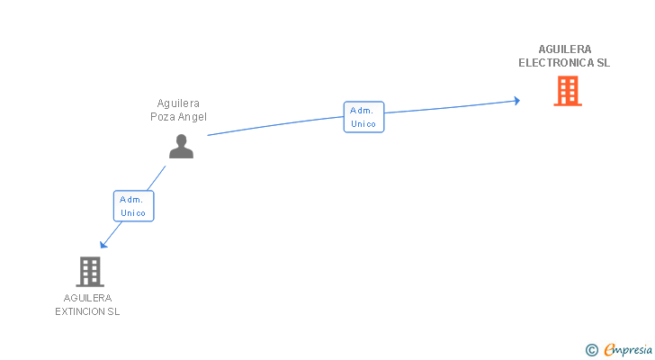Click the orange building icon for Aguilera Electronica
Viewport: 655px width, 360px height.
(567, 91)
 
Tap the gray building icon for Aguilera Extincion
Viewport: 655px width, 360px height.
(89, 271)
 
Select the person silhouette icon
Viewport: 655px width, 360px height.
(181, 146)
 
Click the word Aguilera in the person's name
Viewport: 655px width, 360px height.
(178, 103)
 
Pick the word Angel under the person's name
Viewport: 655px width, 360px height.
(193, 117)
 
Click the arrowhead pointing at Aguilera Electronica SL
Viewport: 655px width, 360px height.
(516, 100)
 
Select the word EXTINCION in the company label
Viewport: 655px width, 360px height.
(81, 311)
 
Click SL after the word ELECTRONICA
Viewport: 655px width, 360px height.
(603, 63)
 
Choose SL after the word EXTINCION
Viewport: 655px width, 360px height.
(113, 311)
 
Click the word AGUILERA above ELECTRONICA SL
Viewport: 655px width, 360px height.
(565, 49)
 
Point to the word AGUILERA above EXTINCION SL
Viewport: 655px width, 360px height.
(88, 298)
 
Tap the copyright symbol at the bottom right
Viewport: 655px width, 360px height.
(591, 350)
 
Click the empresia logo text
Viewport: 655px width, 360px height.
(628, 350)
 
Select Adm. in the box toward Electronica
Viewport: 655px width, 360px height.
(363, 110)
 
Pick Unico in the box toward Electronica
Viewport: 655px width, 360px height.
(363, 124)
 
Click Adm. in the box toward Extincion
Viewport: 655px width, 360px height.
(133, 199)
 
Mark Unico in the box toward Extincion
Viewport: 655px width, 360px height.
(133, 213)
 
